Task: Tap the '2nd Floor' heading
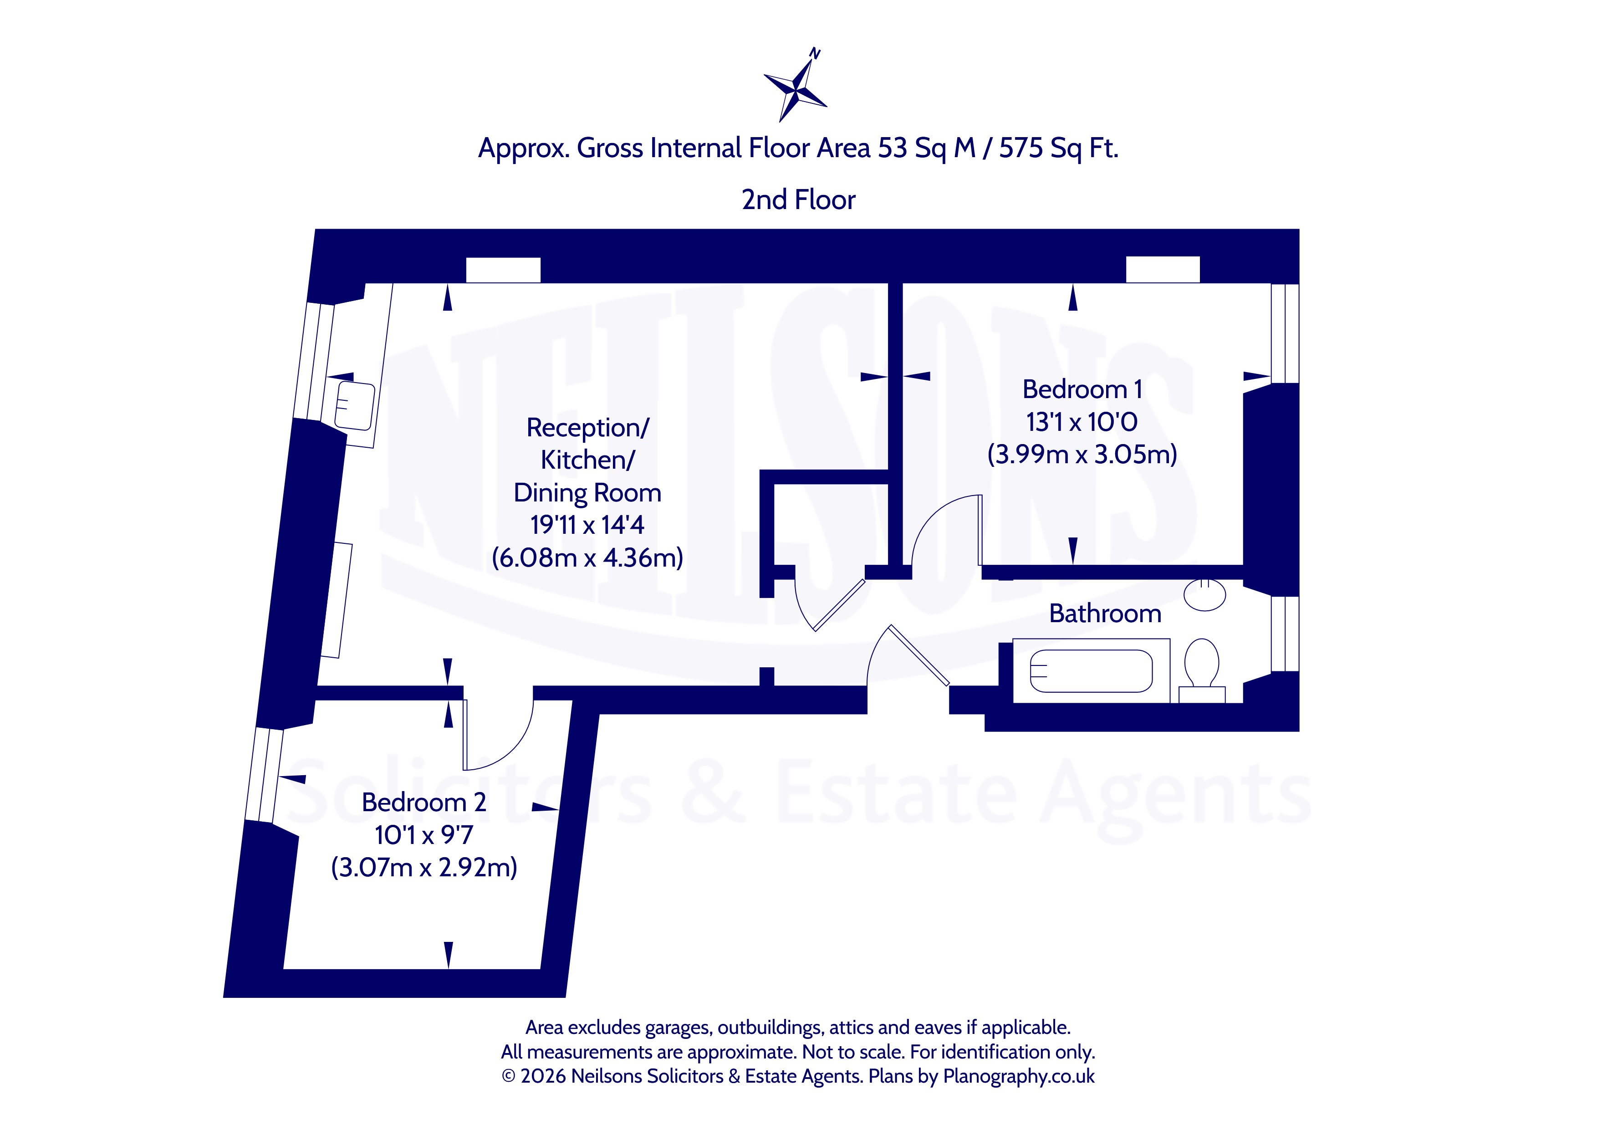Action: [x=799, y=199]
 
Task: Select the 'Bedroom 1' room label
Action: [x=1082, y=389]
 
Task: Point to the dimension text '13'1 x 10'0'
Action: [x=1082, y=422]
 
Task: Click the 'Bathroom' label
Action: [x=1105, y=613]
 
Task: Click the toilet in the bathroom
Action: [x=1201, y=671]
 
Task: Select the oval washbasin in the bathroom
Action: [x=1205, y=594]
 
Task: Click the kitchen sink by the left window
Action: [x=355, y=406]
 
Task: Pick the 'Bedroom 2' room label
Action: [x=423, y=802]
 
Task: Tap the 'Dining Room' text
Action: [x=587, y=493]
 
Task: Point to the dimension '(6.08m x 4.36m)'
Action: [x=587, y=557]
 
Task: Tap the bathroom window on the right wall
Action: [x=1285, y=634]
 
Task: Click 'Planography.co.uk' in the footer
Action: [x=1019, y=1076]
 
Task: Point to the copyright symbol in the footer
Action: [x=509, y=1076]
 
